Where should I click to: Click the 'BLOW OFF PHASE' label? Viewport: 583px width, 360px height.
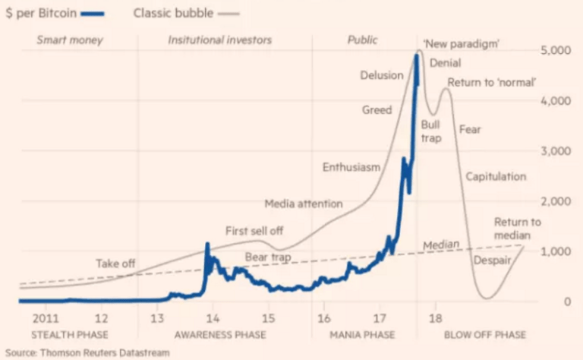click(484, 335)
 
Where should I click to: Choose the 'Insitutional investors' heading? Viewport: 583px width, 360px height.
click(219, 39)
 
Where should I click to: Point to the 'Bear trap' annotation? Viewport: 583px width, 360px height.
click(269, 257)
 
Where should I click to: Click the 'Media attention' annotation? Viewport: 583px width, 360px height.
click(304, 204)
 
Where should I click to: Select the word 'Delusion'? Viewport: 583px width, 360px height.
click(381, 75)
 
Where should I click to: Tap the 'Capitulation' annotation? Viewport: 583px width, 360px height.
click(496, 176)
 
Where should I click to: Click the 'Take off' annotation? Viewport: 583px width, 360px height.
click(115, 264)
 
